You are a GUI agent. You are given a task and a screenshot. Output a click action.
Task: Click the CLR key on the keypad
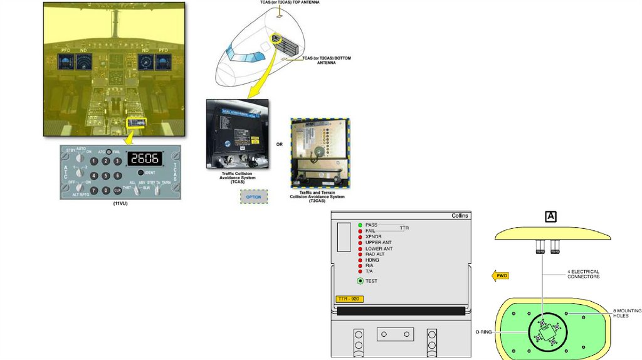[117, 189]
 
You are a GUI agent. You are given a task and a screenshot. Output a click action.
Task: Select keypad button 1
[95, 162]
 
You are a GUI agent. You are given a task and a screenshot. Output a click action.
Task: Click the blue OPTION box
[253, 197]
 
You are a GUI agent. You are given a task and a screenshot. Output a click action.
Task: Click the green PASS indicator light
[360, 225]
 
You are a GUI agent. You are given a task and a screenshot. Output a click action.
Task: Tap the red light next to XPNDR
[360, 236]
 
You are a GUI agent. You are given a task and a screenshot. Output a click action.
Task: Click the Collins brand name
[460, 215]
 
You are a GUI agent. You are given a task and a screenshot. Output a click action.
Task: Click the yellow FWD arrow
[500, 276]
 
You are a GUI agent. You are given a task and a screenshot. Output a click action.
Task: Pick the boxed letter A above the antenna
[551, 216]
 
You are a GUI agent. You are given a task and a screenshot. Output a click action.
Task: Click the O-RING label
[484, 332]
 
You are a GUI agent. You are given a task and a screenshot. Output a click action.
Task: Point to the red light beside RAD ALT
[360, 254]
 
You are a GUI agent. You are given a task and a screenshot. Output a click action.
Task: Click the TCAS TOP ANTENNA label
[289, 3]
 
